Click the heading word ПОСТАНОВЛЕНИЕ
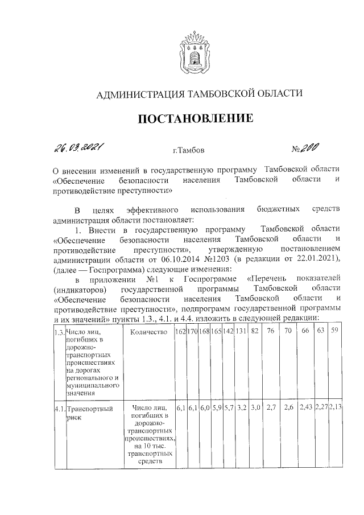pos(193,119)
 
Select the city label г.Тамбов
pos(188,151)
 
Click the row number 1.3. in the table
pos(58,332)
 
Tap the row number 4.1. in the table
pos(58,408)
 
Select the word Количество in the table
pos(147,332)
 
